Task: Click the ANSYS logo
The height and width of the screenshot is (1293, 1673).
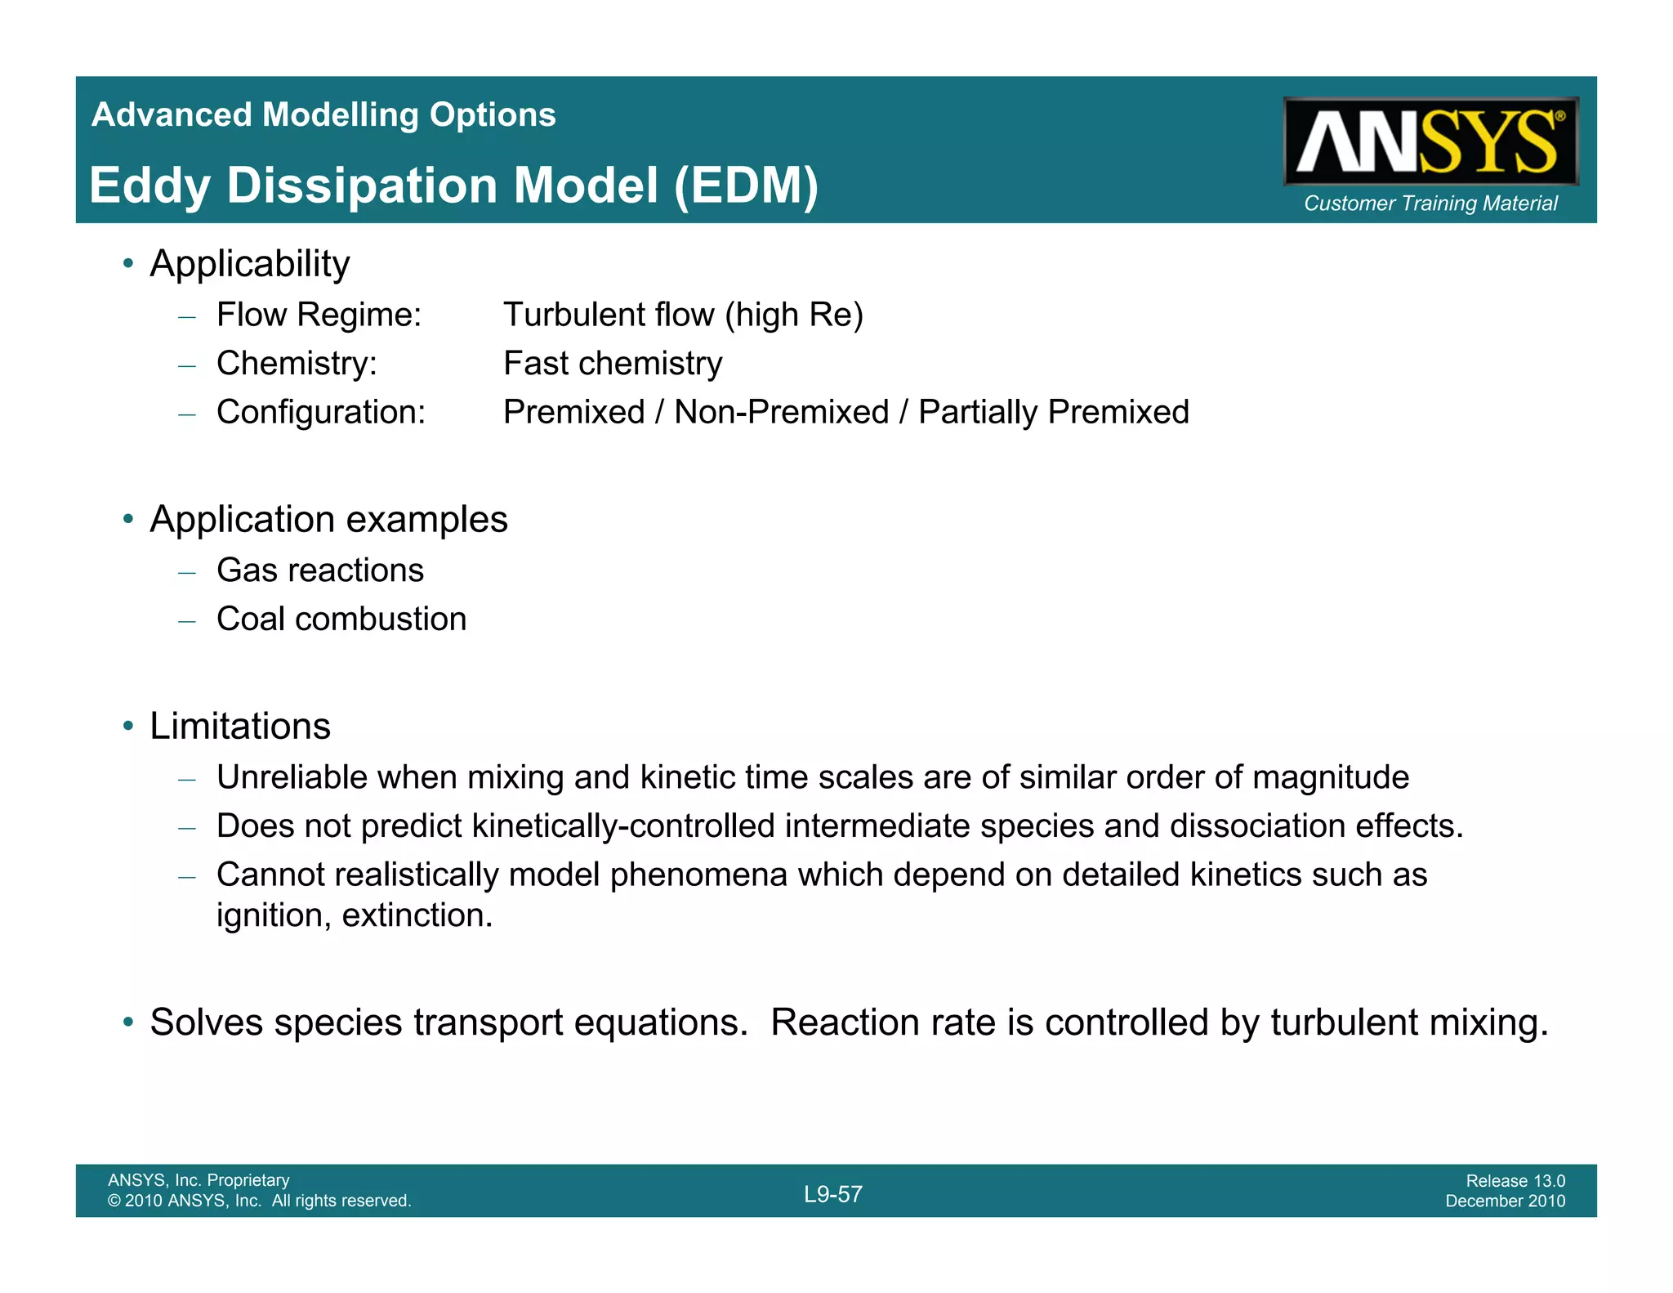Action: pos(1430,141)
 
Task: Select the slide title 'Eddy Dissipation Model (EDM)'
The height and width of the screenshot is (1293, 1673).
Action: pos(453,186)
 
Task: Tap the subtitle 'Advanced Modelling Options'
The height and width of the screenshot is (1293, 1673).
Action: pos(323,114)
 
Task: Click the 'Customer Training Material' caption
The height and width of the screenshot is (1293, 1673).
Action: pos(1430,204)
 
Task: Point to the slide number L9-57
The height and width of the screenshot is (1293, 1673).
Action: pos(832,1194)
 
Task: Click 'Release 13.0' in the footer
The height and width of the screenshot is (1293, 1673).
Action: pos(1515,1180)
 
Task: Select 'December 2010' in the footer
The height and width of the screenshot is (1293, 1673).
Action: pos(1505,1201)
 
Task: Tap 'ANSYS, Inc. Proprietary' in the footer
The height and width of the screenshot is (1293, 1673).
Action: pos(199,1179)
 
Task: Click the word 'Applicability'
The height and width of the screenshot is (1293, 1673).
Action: pos(249,264)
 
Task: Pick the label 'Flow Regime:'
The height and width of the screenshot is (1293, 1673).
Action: pos(319,315)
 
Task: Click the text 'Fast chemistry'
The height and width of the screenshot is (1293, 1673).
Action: pos(613,364)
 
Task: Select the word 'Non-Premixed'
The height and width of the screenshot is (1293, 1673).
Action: pos(781,412)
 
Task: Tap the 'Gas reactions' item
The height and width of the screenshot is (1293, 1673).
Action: pos(320,570)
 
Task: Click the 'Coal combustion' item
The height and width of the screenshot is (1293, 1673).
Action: pos(341,620)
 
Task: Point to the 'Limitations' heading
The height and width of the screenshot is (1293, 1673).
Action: pos(240,726)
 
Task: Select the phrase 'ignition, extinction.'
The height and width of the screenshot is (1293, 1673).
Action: pos(355,915)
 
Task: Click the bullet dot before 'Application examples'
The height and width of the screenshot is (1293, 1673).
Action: pos(127,519)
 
